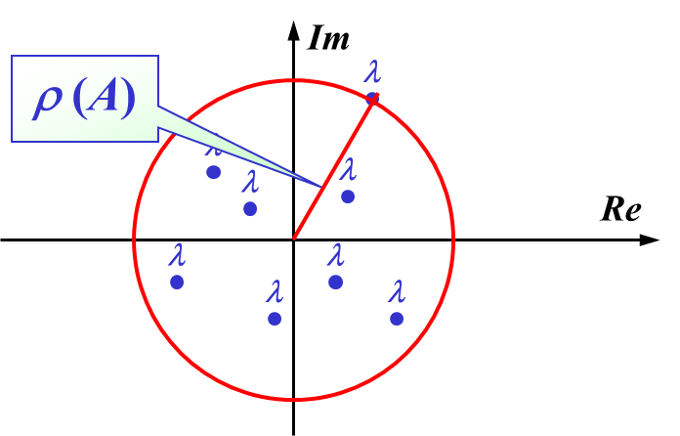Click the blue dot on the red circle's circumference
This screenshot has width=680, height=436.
(x=372, y=97)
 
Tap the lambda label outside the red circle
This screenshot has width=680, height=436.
(x=372, y=72)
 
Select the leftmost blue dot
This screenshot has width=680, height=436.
(x=177, y=282)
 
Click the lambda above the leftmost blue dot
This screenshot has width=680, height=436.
(x=177, y=256)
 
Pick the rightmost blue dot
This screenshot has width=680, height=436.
(x=396, y=319)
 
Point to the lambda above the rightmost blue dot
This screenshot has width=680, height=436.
(x=396, y=292)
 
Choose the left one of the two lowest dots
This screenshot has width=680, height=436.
(x=275, y=319)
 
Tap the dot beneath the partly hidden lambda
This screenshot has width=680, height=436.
(x=213, y=172)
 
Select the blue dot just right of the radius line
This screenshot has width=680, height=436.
(x=348, y=196)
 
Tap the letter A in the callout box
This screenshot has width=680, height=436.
(x=102, y=98)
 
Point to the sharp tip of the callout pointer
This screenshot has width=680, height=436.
(x=320, y=186)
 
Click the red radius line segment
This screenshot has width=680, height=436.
(x=333, y=166)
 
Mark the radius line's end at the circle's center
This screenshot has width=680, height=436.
(x=293, y=239)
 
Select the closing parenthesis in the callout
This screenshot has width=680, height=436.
(x=128, y=99)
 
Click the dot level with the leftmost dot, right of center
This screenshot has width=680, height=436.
(x=335, y=282)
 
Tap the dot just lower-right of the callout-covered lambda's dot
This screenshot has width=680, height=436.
(x=250, y=208)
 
